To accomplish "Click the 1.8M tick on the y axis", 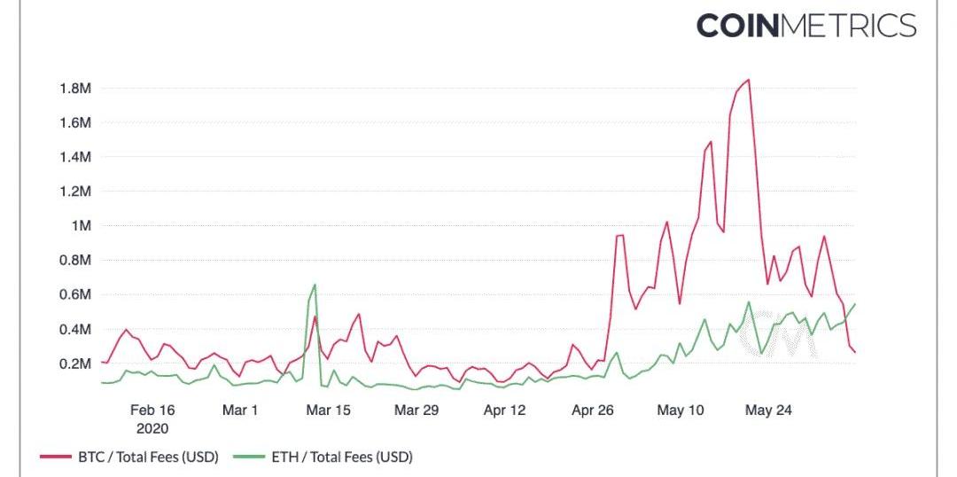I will (x=75, y=89).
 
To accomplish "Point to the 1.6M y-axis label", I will (x=75, y=122).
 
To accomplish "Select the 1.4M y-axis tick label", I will (x=75, y=157).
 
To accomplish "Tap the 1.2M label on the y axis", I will (x=75, y=192).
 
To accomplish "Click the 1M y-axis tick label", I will (x=81, y=226).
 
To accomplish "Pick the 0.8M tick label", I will (x=75, y=261).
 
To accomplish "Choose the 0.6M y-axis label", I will (x=75, y=295).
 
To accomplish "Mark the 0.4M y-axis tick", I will (x=75, y=330).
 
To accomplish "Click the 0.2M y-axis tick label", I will (x=75, y=364).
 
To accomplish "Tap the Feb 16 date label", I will (x=152, y=411).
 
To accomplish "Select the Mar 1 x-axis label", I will (x=240, y=411).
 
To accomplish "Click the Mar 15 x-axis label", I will (x=329, y=411).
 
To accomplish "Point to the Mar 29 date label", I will (x=416, y=411).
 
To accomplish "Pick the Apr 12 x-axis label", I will (x=505, y=411).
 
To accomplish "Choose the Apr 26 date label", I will (x=593, y=411).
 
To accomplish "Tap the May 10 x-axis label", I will (x=681, y=411).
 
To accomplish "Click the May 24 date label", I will (x=768, y=411).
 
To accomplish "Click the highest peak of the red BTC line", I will (x=749, y=80).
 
